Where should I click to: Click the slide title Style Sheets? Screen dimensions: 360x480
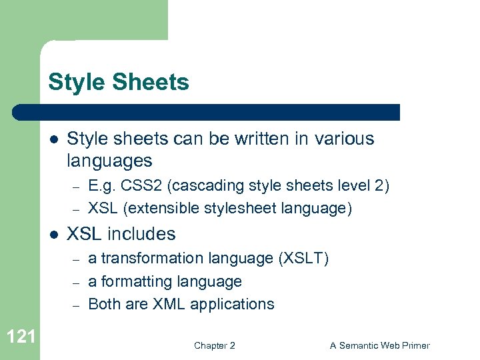coord(119,83)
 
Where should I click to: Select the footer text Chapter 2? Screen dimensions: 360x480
coord(214,345)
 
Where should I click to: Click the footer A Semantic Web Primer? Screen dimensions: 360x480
coord(380,345)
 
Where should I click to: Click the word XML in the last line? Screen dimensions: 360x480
coord(169,304)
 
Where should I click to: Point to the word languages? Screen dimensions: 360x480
coord(110,161)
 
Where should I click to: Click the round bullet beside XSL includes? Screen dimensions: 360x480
coord(54,235)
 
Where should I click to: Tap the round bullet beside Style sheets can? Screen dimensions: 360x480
coord(54,139)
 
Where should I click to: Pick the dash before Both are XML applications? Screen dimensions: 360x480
coord(76,305)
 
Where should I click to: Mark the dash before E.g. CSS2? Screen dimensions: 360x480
coord(76,186)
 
